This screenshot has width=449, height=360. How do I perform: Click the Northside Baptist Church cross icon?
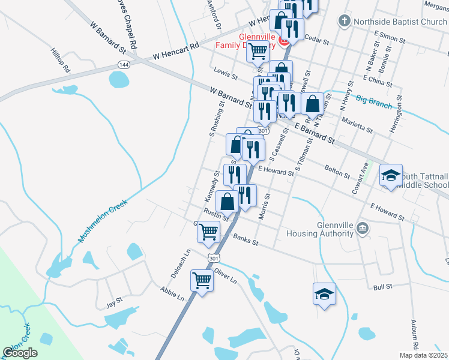[x=344, y=22]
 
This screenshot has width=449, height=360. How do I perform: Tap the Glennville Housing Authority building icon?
[x=363, y=228]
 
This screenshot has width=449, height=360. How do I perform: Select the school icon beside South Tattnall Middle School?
[x=391, y=176]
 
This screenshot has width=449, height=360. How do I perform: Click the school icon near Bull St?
[x=324, y=294]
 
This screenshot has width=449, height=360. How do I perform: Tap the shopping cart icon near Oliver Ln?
[x=202, y=280]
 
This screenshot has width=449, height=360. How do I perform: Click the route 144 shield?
[x=124, y=64]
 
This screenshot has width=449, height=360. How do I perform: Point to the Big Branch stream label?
[x=373, y=101]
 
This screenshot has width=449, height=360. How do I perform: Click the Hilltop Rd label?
[x=61, y=61]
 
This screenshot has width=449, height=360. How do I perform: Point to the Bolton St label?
[x=337, y=172]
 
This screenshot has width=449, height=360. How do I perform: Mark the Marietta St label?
[x=357, y=124]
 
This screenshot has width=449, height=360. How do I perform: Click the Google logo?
[x=20, y=353]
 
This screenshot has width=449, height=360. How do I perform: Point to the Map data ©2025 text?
[x=423, y=355]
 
